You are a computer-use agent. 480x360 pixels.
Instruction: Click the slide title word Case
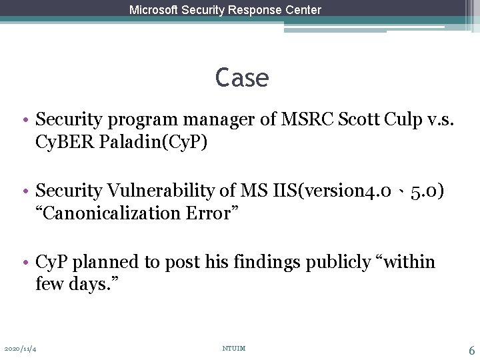coord(242,79)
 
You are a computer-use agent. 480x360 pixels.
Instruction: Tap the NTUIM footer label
coord(235,348)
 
